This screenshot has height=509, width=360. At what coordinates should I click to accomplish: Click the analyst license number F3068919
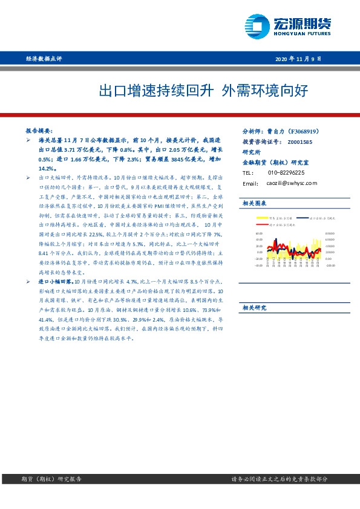[x=309, y=131]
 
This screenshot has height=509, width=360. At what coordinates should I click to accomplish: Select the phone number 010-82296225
[x=286, y=173]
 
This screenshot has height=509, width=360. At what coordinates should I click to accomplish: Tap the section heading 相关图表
[x=254, y=203]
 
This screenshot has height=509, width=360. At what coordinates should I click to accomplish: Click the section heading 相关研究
[x=254, y=307]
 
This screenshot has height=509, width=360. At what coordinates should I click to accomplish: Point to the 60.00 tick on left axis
[x=259, y=232]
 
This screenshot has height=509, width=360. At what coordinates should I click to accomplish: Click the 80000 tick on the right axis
[x=330, y=232]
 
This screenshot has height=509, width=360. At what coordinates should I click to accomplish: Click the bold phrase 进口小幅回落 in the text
[x=56, y=282]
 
